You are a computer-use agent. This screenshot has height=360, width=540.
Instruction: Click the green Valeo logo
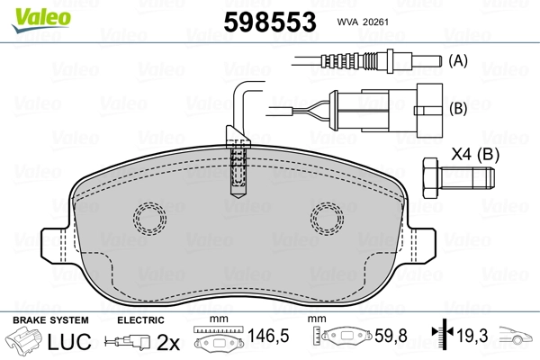pos(41,20)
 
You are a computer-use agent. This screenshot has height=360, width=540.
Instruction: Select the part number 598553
pos(270,22)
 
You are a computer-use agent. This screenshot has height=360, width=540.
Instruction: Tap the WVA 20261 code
pos(363,22)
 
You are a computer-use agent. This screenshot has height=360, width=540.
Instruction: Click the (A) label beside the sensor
pos(458,60)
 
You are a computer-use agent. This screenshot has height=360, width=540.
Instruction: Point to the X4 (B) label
pos(475,154)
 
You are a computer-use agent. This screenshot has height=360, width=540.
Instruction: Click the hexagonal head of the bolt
pos(430,178)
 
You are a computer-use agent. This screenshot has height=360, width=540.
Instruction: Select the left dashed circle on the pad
pos(149,219)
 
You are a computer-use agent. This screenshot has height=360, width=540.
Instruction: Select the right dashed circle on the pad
pos(327,219)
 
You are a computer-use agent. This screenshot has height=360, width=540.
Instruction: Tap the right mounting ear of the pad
pos(419,246)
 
